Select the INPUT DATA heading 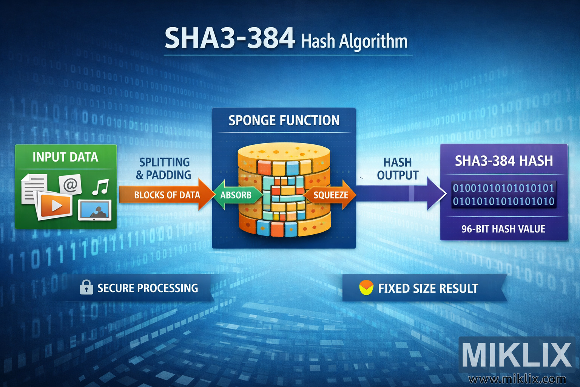65,157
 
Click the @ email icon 70,185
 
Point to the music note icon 100,187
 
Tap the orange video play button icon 56,205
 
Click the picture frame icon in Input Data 94,211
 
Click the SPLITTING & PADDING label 164,169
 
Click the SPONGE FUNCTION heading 284,121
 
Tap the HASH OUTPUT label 398,169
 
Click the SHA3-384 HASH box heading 504,161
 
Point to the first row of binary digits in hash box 503,188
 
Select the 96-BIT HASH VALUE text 503,229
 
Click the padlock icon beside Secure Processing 86,288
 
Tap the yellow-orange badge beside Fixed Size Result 366,288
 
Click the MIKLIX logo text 517,354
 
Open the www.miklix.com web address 517,379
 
